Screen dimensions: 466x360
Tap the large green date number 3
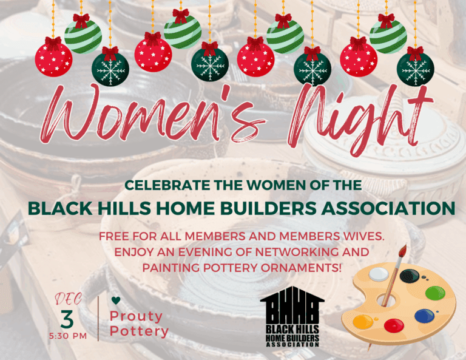coord(67,319)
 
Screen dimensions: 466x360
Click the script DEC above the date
coord(69,299)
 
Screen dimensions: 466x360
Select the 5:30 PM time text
coord(68,336)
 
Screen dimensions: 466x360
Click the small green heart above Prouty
coord(116,301)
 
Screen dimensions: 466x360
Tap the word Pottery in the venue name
coord(139,331)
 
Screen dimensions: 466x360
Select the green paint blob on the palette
coord(435,293)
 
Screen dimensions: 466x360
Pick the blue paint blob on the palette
coord(424,316)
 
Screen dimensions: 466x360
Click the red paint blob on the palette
coord(394,325)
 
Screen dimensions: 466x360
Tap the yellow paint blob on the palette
coord(363,322)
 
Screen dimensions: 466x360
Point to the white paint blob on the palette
coord(379,274)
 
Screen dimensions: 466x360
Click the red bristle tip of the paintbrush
coord(404,251)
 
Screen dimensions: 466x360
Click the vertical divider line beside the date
coord(98,318)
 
